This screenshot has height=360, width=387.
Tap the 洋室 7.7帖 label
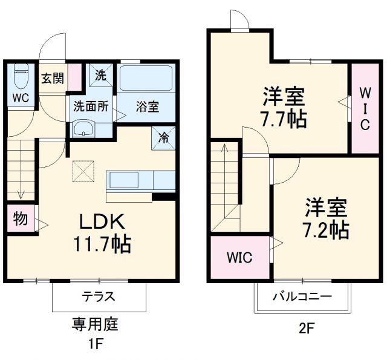pos(284,107)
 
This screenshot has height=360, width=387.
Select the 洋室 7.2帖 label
pos(326,218)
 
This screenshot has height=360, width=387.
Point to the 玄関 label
pos(52,78)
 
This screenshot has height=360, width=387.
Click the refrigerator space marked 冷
pos(163,136)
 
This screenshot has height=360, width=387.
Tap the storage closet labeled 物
pos(21,219)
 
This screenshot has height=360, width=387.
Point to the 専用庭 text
pos(95,324)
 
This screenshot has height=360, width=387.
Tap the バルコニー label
pos(302,296)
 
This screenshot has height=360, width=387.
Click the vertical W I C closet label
pos(365,108)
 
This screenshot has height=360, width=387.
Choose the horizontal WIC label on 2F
pos(239,257)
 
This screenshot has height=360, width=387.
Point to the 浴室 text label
pos(147,107)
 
